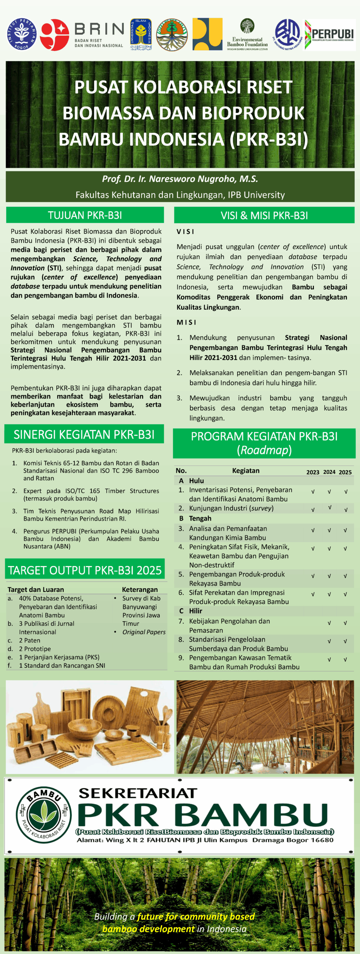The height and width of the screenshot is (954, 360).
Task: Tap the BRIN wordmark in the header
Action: (99, 29)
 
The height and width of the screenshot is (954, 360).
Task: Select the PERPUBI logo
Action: (329, 34)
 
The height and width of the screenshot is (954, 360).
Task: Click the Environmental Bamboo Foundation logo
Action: (247, 34)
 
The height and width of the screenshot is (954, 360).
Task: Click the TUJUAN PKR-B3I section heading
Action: (85, 215)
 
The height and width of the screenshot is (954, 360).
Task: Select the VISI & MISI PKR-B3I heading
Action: (264, 215)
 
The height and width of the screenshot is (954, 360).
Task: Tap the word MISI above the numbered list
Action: (186, 322)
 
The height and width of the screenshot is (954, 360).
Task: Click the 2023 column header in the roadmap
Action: (313, 472)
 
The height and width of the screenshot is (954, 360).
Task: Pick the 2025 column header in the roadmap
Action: (345, 472)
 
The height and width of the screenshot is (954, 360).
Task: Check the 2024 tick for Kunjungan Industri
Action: (329, 508)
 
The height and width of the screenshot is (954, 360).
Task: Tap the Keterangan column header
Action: (140, 590)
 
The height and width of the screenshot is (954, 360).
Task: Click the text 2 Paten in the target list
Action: (29, 640)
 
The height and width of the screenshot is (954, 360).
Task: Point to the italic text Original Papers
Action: (144, 632)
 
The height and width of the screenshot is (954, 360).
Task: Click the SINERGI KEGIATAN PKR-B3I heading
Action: (84, 435)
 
